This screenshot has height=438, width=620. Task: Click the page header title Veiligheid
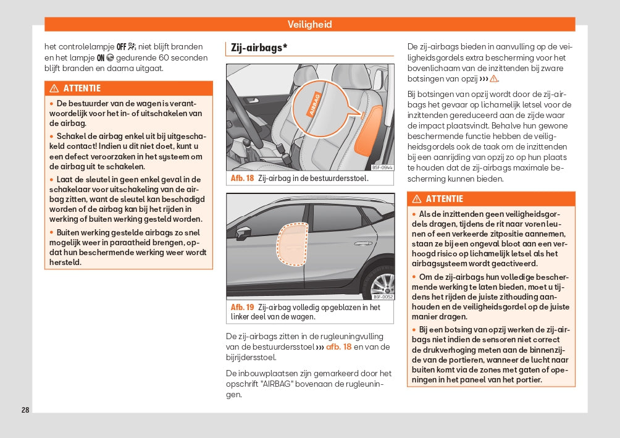[309, 25]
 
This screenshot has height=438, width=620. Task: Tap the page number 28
[25, 410]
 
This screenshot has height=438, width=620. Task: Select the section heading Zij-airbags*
[259, 48]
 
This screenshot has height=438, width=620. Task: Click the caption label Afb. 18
[242, 178]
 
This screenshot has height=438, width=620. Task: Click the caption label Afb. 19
[242, 307]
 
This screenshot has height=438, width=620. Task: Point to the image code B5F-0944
[382, 167]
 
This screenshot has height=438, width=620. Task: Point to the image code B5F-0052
[382, 297]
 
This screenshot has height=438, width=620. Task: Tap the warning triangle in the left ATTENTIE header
[54, 88]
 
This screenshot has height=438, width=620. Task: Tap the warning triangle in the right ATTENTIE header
[417, 199]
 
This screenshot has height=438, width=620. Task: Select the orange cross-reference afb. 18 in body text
[338, 347]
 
